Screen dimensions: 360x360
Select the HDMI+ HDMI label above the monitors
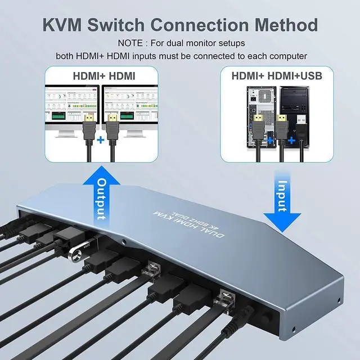103,75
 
